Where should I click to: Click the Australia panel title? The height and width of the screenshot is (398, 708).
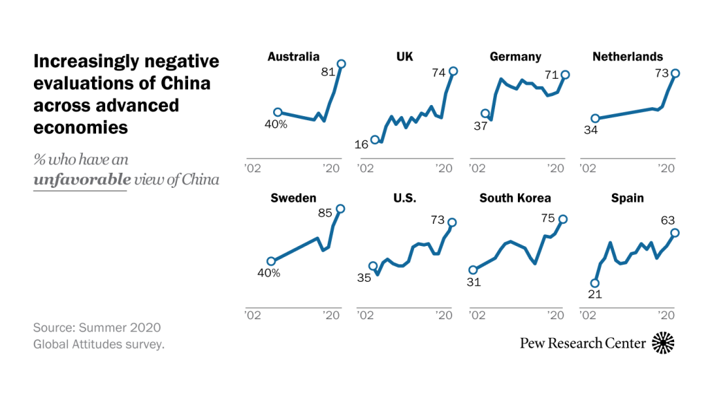tap(293, 57)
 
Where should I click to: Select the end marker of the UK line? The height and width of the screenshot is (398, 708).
tap(454, 71)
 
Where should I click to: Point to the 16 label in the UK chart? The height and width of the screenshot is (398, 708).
tap(362, 144)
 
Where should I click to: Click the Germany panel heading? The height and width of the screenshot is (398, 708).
tap(515, 57)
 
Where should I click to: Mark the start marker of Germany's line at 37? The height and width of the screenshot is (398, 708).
tap(485, 114)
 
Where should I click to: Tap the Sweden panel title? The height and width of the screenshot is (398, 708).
tap(293, 198)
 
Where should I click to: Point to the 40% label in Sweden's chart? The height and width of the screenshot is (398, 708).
tap(268, 273)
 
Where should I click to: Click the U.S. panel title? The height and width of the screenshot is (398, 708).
tap(404, 198)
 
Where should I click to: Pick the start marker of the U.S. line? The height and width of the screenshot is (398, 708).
tap(373, 266)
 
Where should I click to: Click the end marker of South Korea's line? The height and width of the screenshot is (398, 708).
tap(563, 219)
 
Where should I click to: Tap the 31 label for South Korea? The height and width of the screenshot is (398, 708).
tap(474, 282)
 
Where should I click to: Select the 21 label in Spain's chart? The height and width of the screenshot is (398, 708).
tap(594, 294)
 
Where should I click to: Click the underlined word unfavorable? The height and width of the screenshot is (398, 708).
tap(82, 180)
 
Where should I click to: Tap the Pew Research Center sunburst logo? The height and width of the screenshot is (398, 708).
tap(663, 343)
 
